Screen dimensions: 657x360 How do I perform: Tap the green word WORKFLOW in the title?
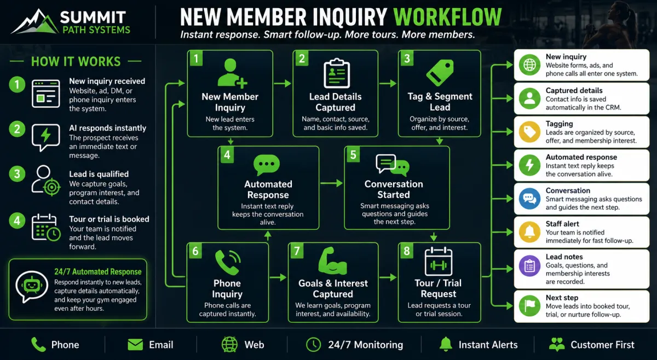447,17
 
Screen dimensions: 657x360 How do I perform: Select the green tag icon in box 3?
440,73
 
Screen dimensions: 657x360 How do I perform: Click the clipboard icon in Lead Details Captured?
336,73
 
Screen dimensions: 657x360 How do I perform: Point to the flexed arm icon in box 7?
332,260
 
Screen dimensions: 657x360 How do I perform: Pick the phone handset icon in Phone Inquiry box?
228,262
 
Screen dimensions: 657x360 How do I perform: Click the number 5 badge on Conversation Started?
353,154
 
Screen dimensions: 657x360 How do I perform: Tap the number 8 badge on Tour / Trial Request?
406,251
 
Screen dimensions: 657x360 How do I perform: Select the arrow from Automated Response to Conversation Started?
331,183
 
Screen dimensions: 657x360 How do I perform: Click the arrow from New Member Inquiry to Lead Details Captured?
283,84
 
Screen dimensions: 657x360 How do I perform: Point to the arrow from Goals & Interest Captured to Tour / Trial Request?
388,277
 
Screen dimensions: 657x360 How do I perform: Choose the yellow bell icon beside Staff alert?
529,232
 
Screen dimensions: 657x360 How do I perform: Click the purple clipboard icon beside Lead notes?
529,266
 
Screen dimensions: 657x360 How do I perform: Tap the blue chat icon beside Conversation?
529,199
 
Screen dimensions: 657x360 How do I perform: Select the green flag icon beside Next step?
529,306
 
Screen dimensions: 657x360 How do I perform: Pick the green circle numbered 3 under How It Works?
17,174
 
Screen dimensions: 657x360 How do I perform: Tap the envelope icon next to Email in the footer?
135,345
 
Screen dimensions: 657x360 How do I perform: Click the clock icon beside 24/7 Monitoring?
314,345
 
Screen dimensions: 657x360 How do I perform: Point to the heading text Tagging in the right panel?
559,124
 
